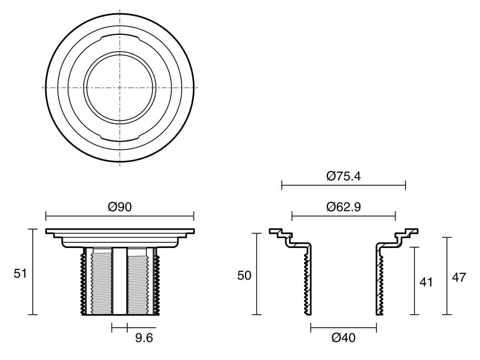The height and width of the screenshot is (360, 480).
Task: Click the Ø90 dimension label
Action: click(120, 207)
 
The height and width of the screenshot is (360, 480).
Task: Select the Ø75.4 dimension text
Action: click(344, 176)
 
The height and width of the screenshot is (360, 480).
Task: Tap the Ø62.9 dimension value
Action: click(344, 207)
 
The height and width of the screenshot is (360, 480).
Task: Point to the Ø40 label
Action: click(344, 338)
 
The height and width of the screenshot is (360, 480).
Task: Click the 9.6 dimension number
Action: click(144, 338)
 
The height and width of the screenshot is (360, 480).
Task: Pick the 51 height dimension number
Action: click(20, 274)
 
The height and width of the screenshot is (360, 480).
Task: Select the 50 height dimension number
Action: click(244, 276)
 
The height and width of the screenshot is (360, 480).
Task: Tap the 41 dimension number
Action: click(426, 282)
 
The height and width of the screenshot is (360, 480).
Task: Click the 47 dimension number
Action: click(459, 277)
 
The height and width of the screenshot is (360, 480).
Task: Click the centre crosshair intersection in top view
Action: click(120, 87)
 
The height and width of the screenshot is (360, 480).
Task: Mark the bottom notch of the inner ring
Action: click(120, 138)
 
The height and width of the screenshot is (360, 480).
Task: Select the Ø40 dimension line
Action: click(344, 328)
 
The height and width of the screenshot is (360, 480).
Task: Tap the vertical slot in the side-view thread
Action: click(120, 280)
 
